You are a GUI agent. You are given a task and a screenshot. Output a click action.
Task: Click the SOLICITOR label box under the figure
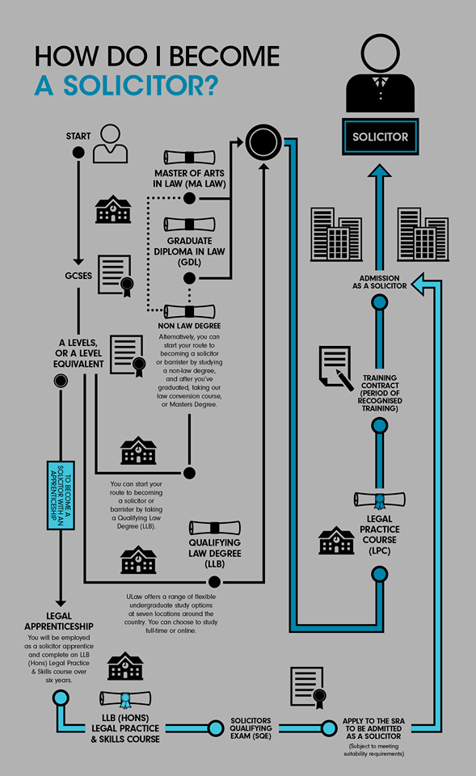click(x=380, y=137)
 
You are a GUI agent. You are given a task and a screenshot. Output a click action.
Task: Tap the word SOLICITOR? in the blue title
click(x=141, y=85)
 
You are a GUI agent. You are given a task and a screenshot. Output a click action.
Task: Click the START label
click(x=78, y=136)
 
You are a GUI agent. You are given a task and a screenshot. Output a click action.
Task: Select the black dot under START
click(x=78, y=153)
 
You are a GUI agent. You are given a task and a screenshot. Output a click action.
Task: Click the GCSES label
click(x=78, y=276)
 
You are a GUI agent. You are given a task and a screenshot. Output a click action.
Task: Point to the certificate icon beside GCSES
click(x=116, y=276)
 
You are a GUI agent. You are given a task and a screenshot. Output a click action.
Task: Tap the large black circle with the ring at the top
click(x=263, y=142)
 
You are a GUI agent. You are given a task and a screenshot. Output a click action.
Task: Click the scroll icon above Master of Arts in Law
click(x=189, y=158)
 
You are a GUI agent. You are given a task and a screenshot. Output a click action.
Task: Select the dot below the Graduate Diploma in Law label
click(x=189, y=278)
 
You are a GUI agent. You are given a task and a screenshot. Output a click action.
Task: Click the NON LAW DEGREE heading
click(x=189, y=326)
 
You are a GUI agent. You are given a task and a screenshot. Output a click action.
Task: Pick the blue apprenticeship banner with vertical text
click(x=61, y=496)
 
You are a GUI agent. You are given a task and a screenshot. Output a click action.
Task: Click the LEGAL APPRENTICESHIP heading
click(x=59, y=621)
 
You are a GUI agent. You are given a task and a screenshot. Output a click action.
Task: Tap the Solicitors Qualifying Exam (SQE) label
click(x=251, y=728)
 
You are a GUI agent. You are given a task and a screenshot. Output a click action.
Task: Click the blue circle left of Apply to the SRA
click(x=329, y=728)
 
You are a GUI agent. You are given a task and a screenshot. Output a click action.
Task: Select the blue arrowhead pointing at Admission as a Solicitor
click(x=418, y=284)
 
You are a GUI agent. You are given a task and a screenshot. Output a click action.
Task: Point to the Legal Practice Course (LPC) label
click(x=380, y=534)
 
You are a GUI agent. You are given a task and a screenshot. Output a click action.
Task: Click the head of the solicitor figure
click(x=380, y=53)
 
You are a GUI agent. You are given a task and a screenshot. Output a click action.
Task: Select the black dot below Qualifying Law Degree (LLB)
click(x=214, y=581)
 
